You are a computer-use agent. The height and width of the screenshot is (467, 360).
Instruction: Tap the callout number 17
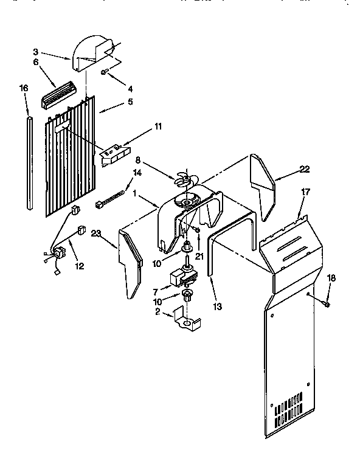[x=305, y=192]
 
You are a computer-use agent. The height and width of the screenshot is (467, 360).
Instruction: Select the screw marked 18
[x=327, y=303]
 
